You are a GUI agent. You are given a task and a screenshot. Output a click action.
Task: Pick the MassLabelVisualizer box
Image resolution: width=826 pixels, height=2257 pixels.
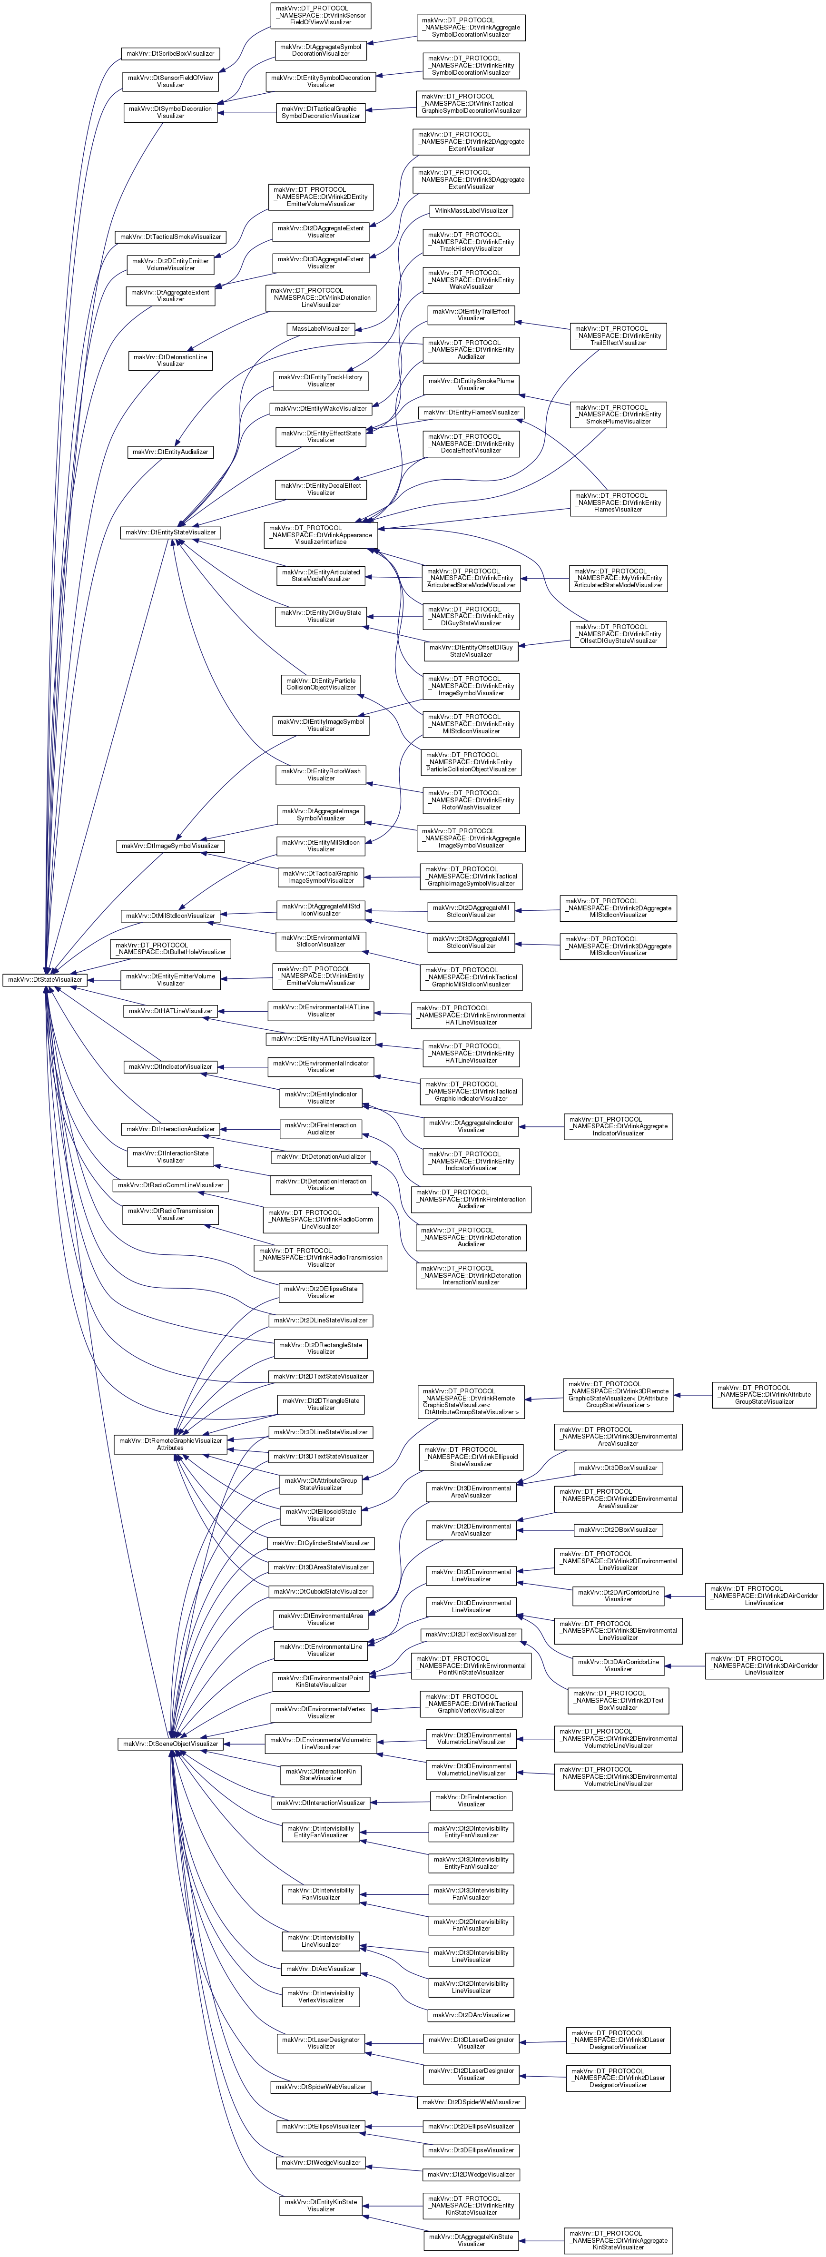[321, 328]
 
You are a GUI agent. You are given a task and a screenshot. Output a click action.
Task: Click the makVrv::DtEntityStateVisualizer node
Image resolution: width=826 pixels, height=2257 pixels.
[170, 532]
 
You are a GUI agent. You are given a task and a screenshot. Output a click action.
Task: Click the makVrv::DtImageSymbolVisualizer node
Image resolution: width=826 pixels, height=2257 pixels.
[170, 846]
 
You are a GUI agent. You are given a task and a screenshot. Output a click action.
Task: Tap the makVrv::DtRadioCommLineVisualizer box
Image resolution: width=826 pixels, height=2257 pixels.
[170, 1185]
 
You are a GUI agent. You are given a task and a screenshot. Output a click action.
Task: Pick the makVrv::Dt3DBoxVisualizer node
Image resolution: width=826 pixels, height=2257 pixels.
[619, 1468]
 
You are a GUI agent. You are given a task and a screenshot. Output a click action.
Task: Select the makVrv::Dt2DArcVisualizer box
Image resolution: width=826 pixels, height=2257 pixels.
[471, 2014]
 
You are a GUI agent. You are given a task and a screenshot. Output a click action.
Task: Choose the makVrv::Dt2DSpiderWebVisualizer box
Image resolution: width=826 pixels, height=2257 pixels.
[471, 2102]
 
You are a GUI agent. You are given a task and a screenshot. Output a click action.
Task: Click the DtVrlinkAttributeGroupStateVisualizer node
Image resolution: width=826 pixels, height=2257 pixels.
[764, 1395]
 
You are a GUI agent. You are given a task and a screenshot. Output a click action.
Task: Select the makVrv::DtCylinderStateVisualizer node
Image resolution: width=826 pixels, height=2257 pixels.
[321, 1543]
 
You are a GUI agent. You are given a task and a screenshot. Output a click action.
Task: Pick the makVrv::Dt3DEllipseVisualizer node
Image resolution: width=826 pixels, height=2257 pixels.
[471, 2150]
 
